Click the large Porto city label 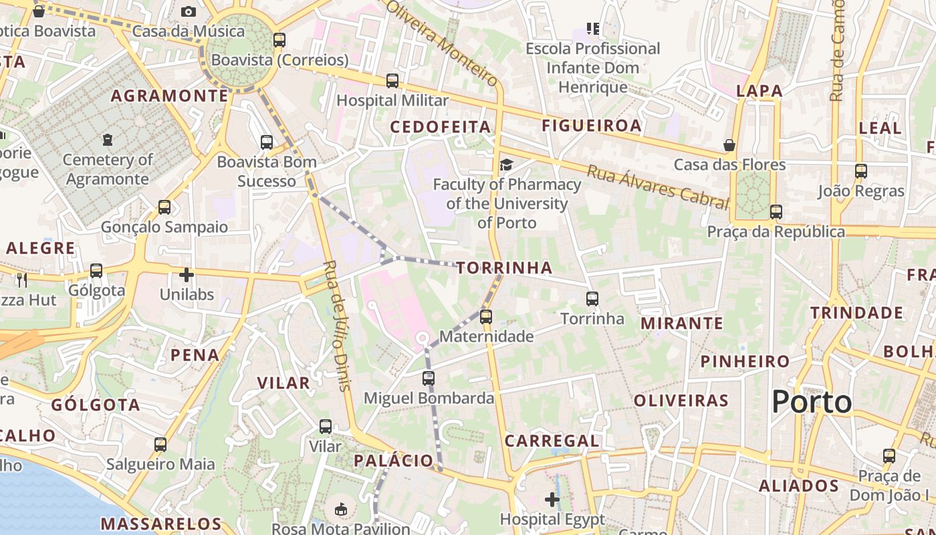click(x=812, y=402)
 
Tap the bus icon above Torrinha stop click(x=592, y=299)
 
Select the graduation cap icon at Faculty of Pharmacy click(x=507, y=165)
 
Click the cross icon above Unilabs click(x=187, y=275)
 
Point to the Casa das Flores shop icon click(x=729, y=145)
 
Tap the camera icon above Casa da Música click(x=189, y=11)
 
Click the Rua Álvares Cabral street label click(x=657, y=187)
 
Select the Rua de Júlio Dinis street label click(x=336, y=325)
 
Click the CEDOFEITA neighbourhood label click(x=440, y=127)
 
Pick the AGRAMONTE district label click(x=170, y=96)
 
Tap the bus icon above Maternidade click(x=486, y=317)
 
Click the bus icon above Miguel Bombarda click(x=429, y=379)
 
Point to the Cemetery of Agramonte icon click(x=108, y=140)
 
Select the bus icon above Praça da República click(x=776, y=212)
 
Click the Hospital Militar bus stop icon click(x=392, y=81)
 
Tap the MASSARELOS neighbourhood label click(x=160, y=523)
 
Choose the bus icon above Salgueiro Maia click(x=160, y=445)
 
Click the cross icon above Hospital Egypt click(x=552, y=499)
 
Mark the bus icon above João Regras click(x=861, y=171)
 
